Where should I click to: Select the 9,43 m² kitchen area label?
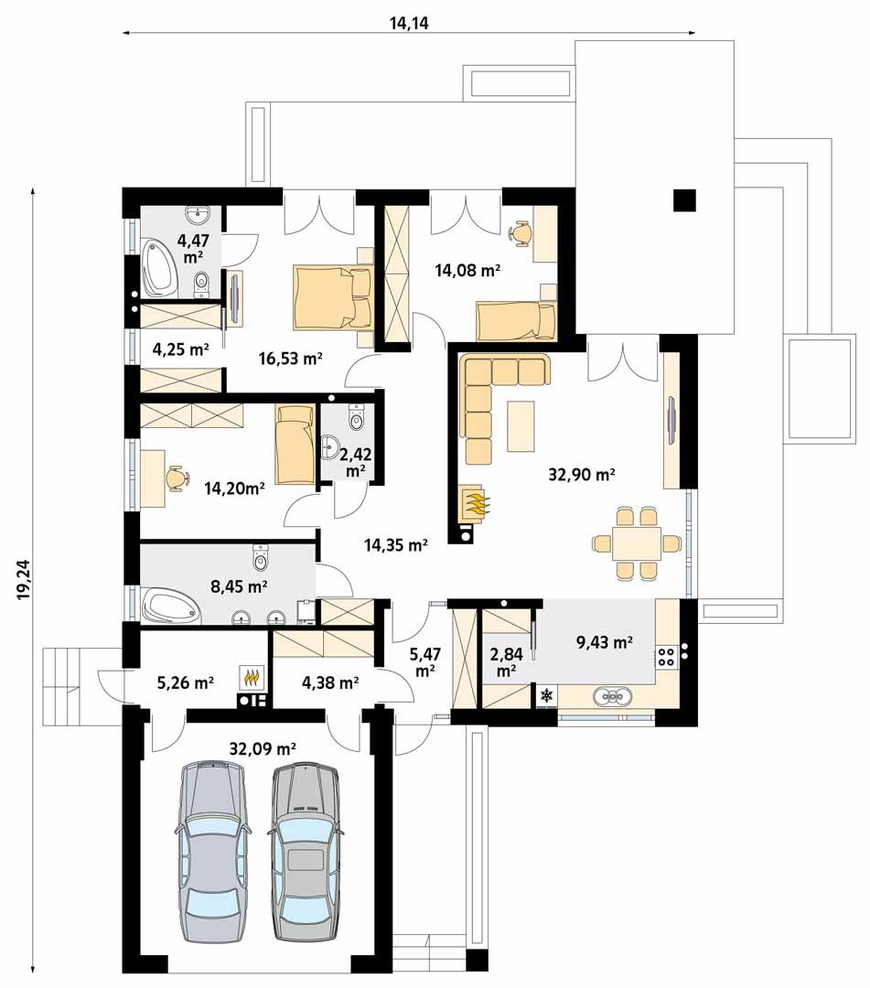click(x=604, y=642)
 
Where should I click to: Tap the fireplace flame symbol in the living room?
click(x=477, y=502)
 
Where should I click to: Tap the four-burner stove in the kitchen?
click(x=667, y=655)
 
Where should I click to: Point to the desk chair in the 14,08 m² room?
click(x=522, y=234)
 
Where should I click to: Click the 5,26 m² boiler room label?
click(x=187, y=682)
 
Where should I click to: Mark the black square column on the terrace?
click(x=683, y=199)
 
